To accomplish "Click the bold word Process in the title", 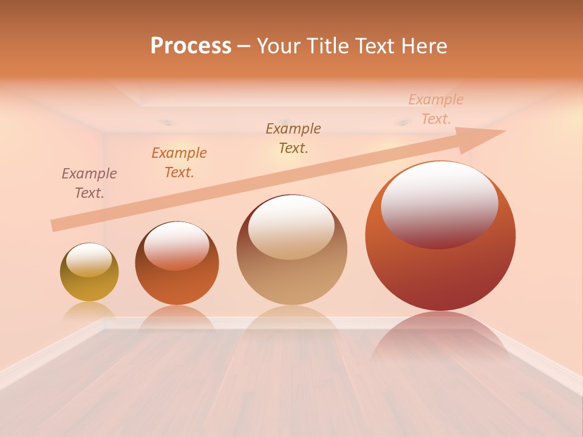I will pyautogui.click(x=191, y=46).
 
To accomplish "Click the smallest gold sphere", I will pyautogui.click(x=89, y=288).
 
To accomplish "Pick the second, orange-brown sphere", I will pyautogui.click(x=177, y=285).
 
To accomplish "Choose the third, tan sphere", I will pyautogui.click(x=291, y=279).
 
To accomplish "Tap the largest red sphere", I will pyautogui.click(x=440, y=273).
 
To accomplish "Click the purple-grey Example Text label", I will pyautogui.click(x=89, y=183).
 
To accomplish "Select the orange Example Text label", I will pyautogui.click(x=179, y=163).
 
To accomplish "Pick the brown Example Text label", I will pyautogui.click(x=293, y=138).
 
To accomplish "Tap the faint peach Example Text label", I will pyautogui.click(x=436, y=109).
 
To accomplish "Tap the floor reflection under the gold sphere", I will pyautogui.click(x=89, y=311).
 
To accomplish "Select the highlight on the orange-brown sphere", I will pyautogui.click(x=177, y=244).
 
